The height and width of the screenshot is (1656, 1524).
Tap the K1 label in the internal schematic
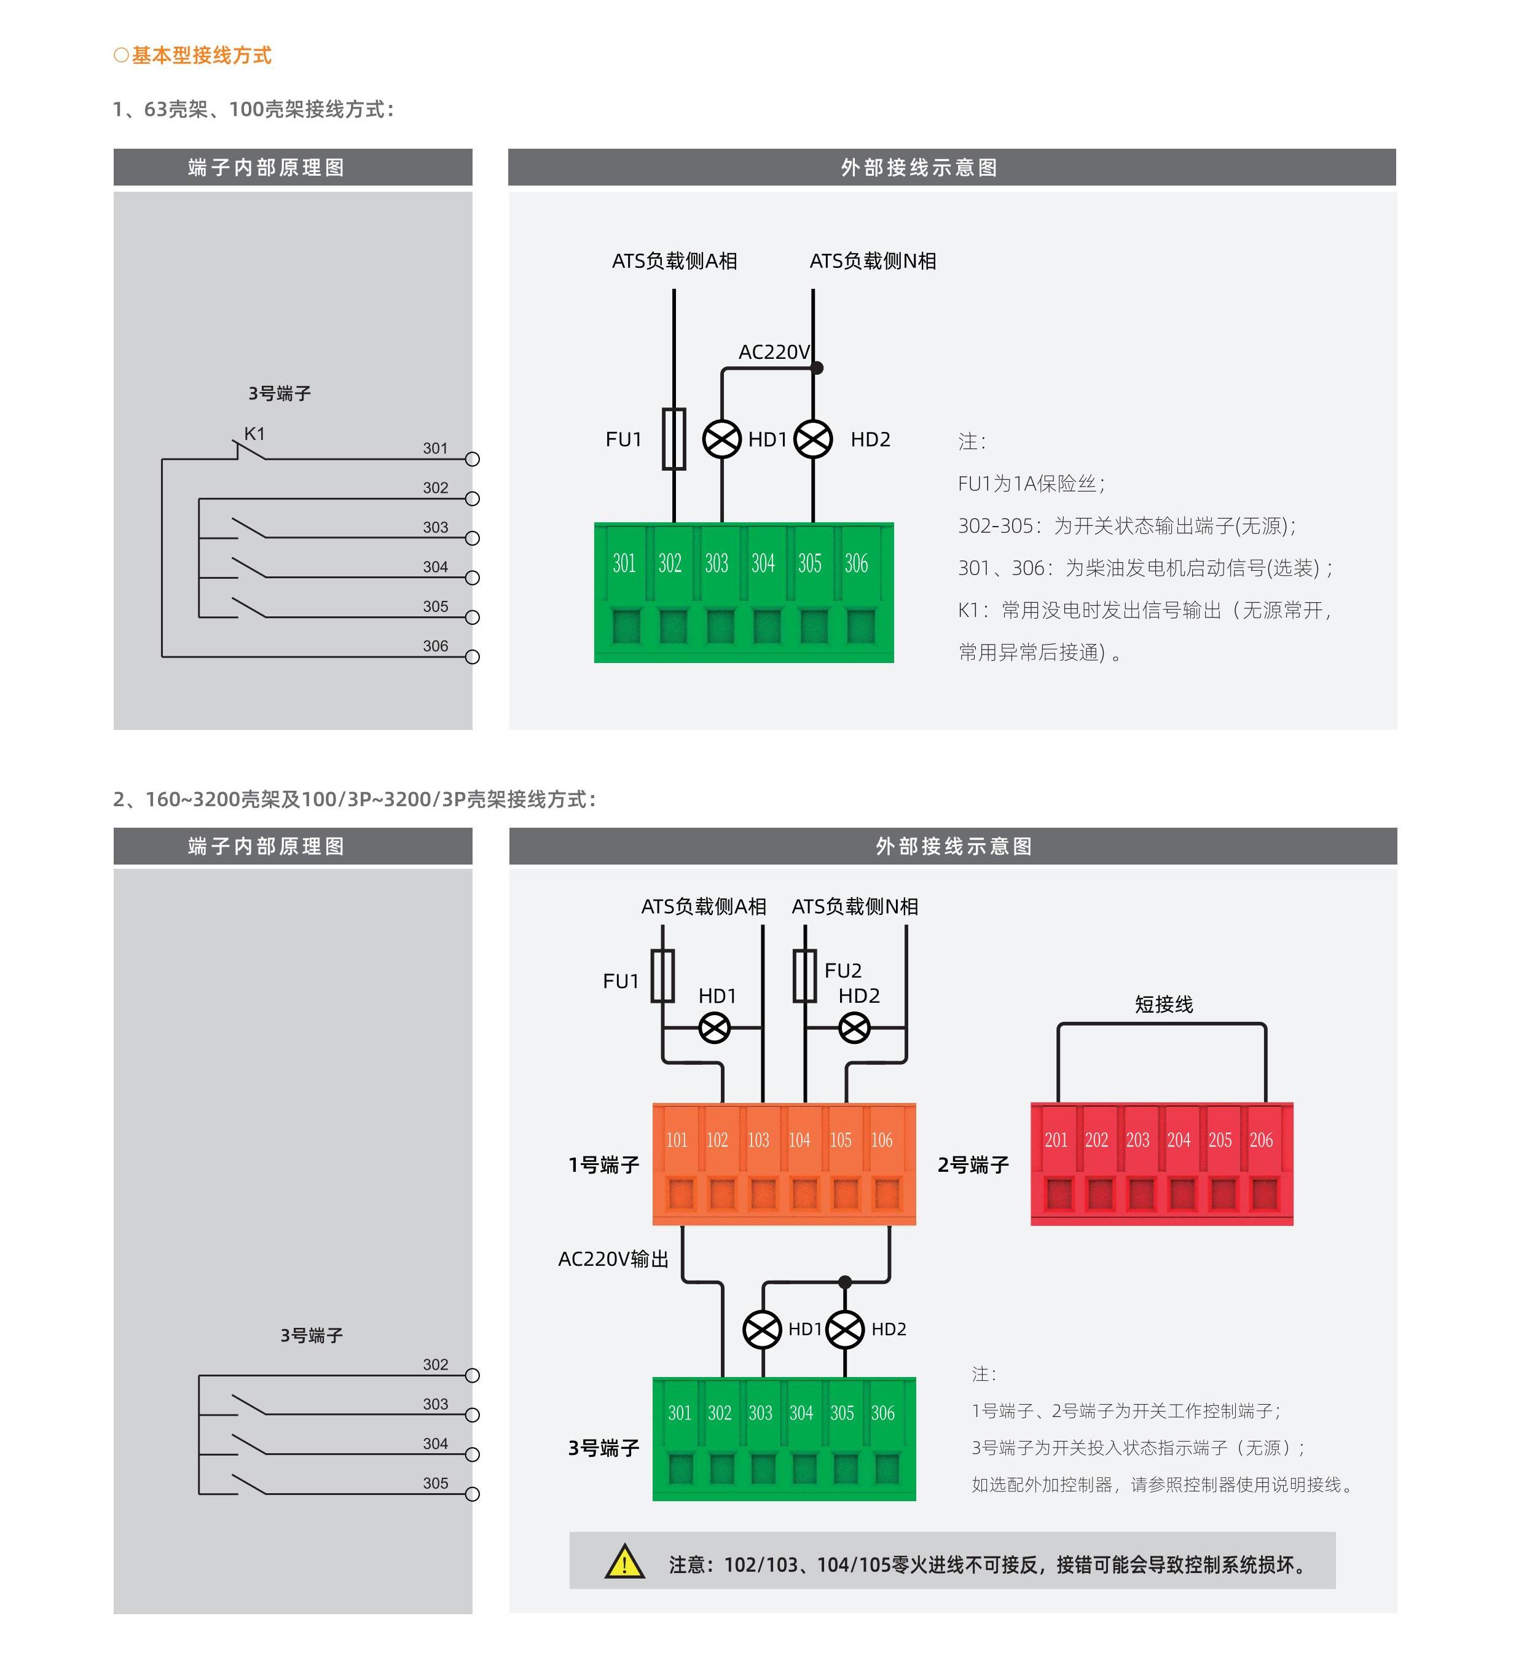(255, 434)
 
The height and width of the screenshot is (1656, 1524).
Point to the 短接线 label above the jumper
(1164, 1005)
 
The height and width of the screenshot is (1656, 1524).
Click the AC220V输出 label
(613, 1259)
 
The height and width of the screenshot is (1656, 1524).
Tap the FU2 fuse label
(843, 971)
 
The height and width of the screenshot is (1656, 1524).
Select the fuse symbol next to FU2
(805, 976)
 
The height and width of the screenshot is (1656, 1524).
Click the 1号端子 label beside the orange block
(603, 1164)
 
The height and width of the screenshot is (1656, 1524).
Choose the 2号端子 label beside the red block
(973, 1164)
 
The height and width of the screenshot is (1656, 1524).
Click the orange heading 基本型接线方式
(193, 55)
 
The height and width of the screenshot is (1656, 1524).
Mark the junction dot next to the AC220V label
(817, 368)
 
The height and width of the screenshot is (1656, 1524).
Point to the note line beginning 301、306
(1145, 568)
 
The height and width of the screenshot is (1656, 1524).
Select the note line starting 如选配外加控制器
(1162, 1485)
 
